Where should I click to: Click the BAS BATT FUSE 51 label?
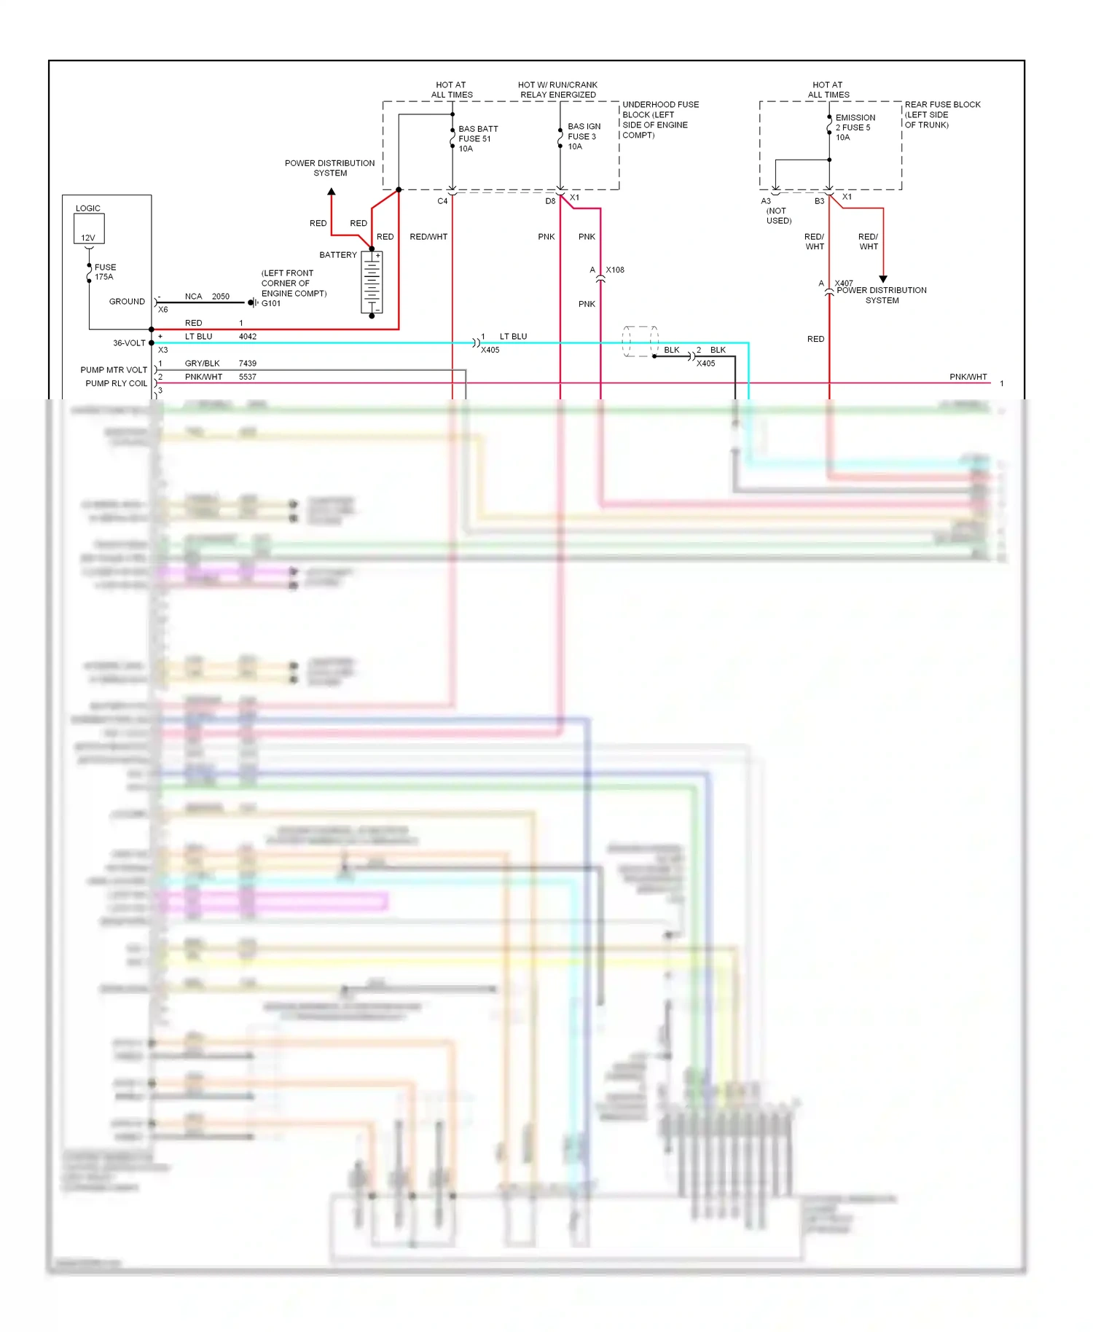477,138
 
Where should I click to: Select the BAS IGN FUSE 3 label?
584,136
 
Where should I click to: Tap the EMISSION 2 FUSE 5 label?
855,128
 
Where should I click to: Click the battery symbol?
372,283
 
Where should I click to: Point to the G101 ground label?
271,304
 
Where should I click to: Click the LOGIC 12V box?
89,228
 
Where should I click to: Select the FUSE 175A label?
105,272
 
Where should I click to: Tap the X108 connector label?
615,270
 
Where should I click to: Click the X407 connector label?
844,283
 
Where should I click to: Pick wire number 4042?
248,337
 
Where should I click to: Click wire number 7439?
248,364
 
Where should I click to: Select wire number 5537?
248,377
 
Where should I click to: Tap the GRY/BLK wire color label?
202,364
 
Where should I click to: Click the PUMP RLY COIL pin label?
116,383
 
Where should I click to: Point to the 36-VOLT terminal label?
129,343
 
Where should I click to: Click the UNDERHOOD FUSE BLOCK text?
659,120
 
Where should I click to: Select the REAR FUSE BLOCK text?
941,114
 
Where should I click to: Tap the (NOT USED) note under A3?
778,216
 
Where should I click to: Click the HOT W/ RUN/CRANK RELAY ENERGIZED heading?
557,90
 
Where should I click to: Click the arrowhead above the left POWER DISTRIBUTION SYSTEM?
332,192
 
